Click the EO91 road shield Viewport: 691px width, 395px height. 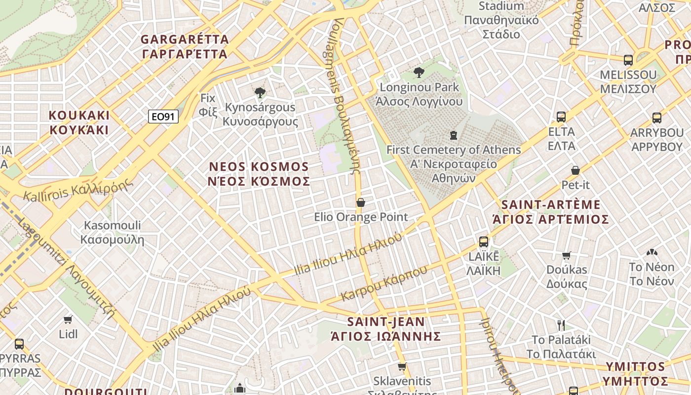pos(163,117)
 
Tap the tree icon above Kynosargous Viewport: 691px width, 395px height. pos(260,92)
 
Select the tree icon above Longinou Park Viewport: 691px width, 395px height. pos(419,73)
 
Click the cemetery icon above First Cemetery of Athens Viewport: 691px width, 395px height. pos(453,135)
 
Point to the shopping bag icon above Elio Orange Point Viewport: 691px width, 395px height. pos(361,202)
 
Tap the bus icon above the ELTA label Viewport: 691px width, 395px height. pos(561,117)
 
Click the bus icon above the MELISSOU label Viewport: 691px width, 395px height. pos(628,60)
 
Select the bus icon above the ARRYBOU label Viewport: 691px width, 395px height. pos(657,118)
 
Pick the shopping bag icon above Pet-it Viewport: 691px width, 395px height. pos(576,170)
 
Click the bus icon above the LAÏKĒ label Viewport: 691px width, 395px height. pos(484,242)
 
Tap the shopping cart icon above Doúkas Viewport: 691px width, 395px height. pos(567,255)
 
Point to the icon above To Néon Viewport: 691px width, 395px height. pos(652,253)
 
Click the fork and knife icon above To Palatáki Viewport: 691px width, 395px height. pos(561,325)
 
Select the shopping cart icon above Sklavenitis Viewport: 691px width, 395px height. pos(402,367)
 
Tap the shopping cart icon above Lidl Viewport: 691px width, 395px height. pos(68,319)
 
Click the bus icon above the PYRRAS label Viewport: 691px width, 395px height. pos(19,344)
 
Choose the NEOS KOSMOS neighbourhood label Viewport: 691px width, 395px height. pos(260,174)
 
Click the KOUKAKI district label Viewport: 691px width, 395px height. pos(79,122)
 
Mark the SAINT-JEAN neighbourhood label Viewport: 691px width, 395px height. pos(386,329)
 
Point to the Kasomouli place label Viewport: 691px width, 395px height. pos(112,233)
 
